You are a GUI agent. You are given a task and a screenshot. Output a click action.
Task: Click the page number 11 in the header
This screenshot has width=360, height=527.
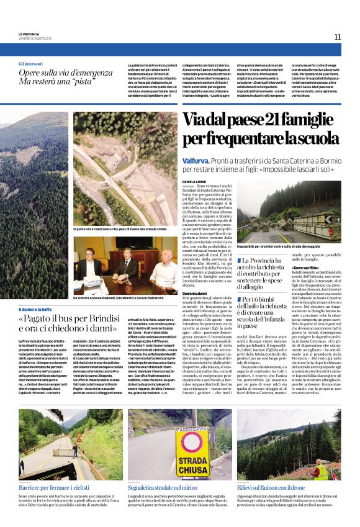point(338,37)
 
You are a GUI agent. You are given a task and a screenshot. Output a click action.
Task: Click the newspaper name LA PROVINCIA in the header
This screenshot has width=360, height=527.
point(29,34)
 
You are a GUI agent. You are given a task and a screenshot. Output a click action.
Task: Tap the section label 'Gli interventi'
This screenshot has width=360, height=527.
point(30,63)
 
